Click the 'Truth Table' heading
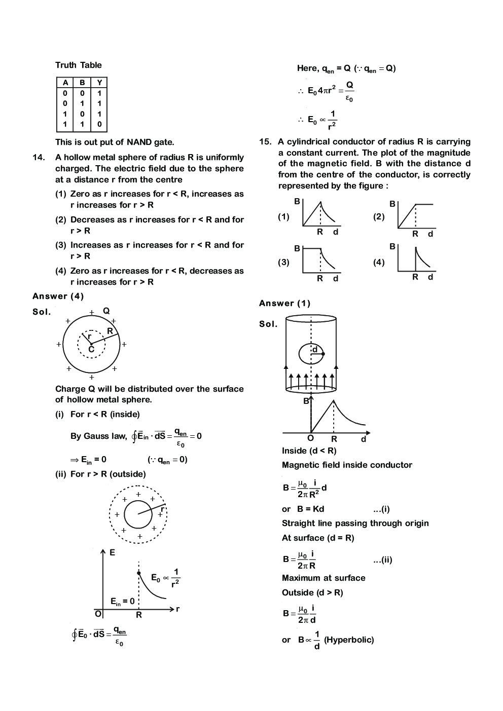point(78,65)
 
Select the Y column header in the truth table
point(99,83)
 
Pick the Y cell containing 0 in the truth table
point(99,124)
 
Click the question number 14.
point(39,158)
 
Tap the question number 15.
point(265,142)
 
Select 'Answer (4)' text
point(58,296)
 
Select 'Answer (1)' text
point(284,304)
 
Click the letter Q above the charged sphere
point(106,311)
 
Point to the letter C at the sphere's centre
point(91,349)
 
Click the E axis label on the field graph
point(112,553)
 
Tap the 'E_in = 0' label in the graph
point(123,602)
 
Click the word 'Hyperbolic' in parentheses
point(349,640)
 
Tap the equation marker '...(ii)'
point(382,560)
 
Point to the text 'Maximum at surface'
point(324,578)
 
